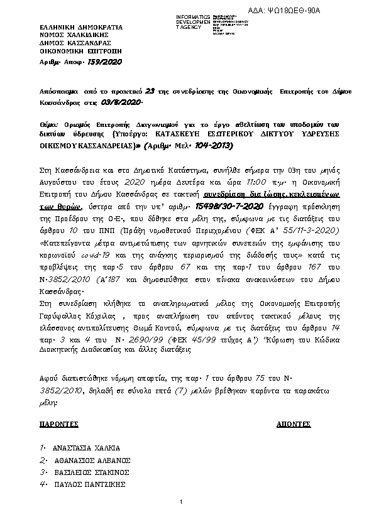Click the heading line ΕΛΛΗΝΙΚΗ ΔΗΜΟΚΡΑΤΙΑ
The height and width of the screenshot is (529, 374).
tap(81, 28)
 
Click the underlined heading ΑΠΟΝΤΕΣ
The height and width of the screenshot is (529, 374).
tap(294, 425)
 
